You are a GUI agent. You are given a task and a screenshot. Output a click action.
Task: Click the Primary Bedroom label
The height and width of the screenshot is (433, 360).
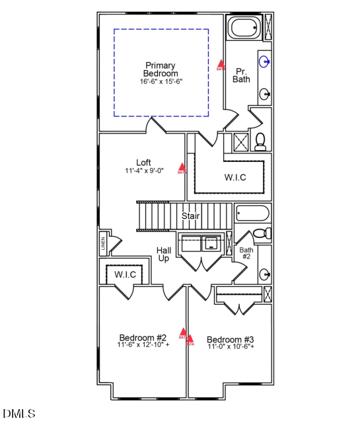pyautogui.click(x=161, y=69)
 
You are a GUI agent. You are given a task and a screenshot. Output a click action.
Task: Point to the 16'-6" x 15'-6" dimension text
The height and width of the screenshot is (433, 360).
pyautogui.click(x=161, y=82)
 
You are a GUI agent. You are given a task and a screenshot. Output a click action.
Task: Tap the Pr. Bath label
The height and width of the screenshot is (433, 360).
pyautogui.click(x=241, y=75)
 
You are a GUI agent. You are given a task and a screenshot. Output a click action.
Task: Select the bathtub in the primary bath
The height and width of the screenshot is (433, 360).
pyautogui.click(x=245, y=28)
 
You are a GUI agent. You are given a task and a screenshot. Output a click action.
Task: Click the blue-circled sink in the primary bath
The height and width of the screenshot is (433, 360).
pyautogui.click(x=264, y=63)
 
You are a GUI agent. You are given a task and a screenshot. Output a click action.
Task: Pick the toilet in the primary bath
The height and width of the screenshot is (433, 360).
pyautogui.click(x=260, y=141)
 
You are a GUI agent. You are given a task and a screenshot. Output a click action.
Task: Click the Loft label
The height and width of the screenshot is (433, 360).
pyautogui.click(x=143, y=163)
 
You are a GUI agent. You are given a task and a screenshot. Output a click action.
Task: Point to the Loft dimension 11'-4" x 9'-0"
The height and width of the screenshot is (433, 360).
pyautogui.click(x=143, y=171)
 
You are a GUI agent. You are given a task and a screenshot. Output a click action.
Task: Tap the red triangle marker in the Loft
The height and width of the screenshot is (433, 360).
pyautogui.click(x=182, y=168)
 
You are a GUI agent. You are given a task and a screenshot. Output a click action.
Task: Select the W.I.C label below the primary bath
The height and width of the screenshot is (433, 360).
pyautogui.click(x=235, y=177)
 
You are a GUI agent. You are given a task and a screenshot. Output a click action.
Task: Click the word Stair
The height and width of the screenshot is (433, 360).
pyautogui.click(x=191, y=216)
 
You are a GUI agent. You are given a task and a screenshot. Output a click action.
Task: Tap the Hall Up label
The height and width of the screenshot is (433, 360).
pyautogui.click(x=163, y=255)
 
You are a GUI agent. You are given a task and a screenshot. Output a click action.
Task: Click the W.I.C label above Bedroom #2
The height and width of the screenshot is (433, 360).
pyautogui.click(x=125, y=274)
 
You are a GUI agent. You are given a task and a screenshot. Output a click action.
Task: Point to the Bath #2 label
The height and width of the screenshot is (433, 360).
pyautogui.click(x=246, y=253)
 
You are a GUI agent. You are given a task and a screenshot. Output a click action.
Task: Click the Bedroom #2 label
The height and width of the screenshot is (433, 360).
pyautogui.click(x=143, y=337)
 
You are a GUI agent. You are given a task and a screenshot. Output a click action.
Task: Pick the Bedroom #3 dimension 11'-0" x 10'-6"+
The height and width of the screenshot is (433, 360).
pyautogui.click(x=231, y=346)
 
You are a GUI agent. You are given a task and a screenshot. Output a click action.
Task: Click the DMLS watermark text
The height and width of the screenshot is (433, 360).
pyautogui.click(x=19, y=414)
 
